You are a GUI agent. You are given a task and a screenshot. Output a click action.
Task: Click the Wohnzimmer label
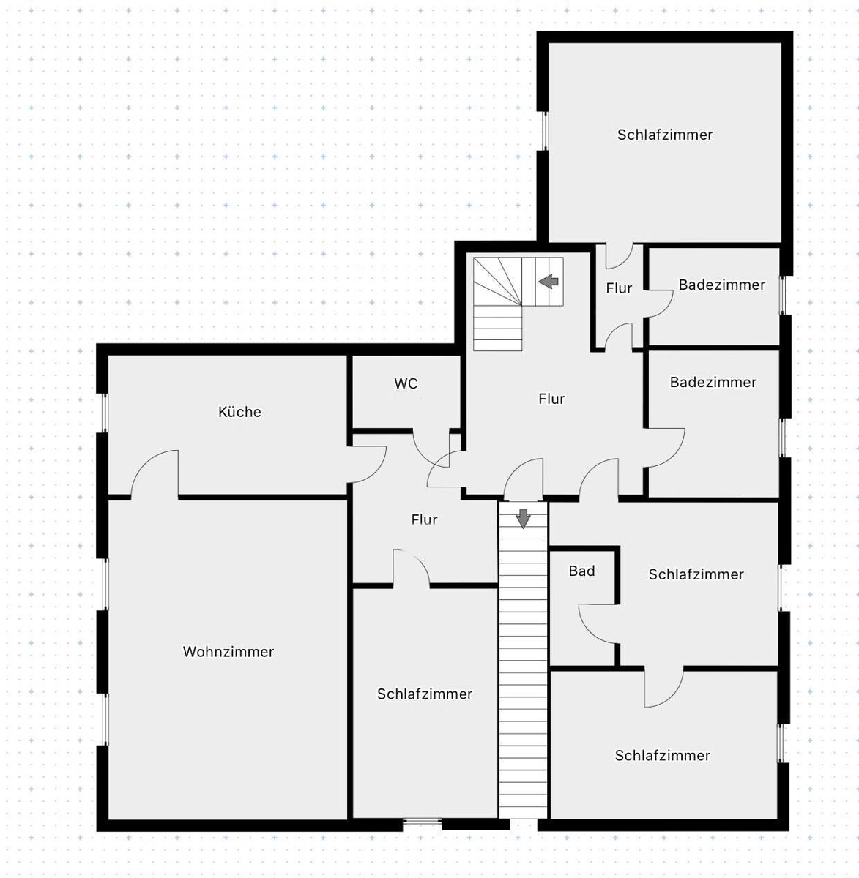click(228, 651)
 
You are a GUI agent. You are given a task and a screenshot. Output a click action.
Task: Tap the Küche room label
click(239, 411)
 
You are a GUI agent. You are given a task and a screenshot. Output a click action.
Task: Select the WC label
click(406, 383)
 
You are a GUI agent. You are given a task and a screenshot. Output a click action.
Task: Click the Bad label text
click(581, 571)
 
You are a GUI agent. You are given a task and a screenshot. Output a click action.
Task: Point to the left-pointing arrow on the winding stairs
click(549, 281)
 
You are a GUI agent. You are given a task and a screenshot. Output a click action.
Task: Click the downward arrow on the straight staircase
click(523, 519)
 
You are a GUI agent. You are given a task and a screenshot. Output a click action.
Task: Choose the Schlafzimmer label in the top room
click(665, 135)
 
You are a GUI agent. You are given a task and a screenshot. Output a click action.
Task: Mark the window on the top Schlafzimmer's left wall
click(545, 130)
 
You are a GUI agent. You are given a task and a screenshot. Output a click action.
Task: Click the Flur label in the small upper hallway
click(619, 288)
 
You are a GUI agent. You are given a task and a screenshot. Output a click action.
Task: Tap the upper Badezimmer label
click(722, 285)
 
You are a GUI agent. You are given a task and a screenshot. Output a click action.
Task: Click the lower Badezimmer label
click(713, 382)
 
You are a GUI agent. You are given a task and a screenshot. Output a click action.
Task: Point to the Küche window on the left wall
click(105, 413)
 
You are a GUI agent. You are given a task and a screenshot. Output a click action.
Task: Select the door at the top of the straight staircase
click(524, 479)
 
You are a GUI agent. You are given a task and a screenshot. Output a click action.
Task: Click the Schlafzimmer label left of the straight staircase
click(425, 694)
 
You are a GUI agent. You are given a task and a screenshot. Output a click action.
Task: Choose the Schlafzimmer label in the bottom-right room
click(662, 756)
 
